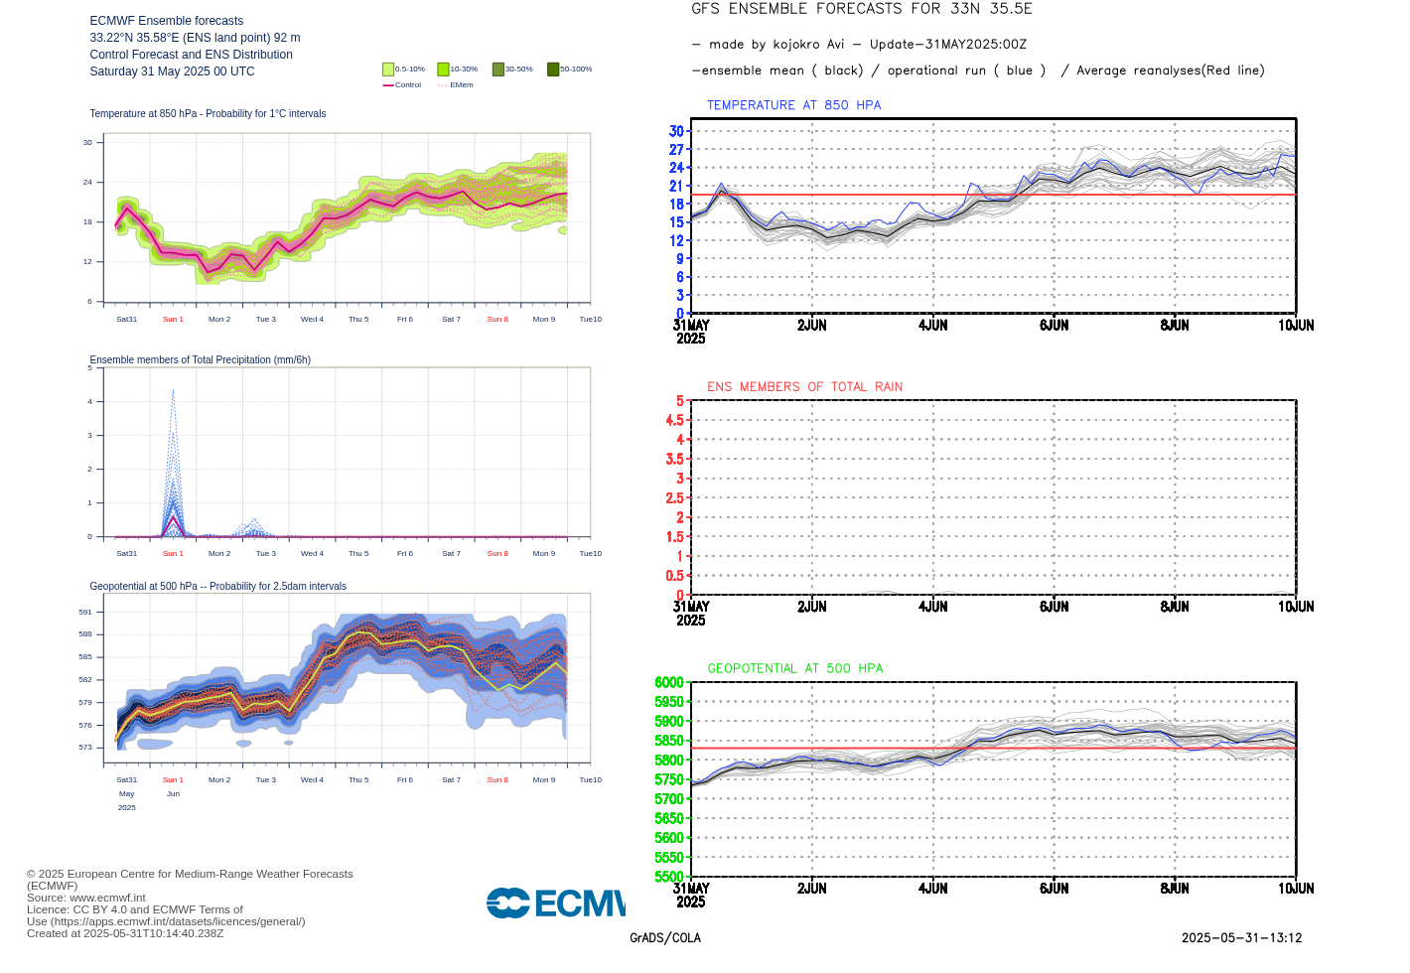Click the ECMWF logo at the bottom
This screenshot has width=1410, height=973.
coord(556,903)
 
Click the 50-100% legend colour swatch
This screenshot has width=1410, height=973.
coord(553,69)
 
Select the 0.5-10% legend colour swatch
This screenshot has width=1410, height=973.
coord(388,69)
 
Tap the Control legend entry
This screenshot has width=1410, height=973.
coord(402,85)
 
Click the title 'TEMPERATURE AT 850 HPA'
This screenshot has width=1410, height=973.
coord(793,105)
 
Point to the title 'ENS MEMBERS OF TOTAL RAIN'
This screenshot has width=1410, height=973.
coord(804,387)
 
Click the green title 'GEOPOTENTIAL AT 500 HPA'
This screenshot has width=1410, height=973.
coord(794,669)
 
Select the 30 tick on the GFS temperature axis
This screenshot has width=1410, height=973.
coord(676,131)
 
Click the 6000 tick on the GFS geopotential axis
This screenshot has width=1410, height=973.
coord(669,682)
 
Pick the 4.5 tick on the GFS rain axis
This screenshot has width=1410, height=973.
coord(674,420)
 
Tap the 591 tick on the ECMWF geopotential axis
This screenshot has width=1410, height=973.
coord(85,613)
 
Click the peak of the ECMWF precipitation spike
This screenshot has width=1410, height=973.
coord(173,390)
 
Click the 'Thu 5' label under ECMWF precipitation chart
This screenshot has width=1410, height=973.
coord(358,554)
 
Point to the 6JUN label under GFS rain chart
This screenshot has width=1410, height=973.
coord(1054,607)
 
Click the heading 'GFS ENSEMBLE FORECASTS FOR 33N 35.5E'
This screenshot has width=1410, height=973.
coord(861,9)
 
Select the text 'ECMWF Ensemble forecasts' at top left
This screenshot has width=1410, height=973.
coord(166,21)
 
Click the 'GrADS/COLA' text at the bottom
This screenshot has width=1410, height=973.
coord(664,938)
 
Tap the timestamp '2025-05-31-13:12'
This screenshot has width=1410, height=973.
coord(1241,938)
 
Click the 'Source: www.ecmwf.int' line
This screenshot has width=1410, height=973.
coord(86,898)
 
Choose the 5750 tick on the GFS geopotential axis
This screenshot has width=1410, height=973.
coord(669,779)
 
